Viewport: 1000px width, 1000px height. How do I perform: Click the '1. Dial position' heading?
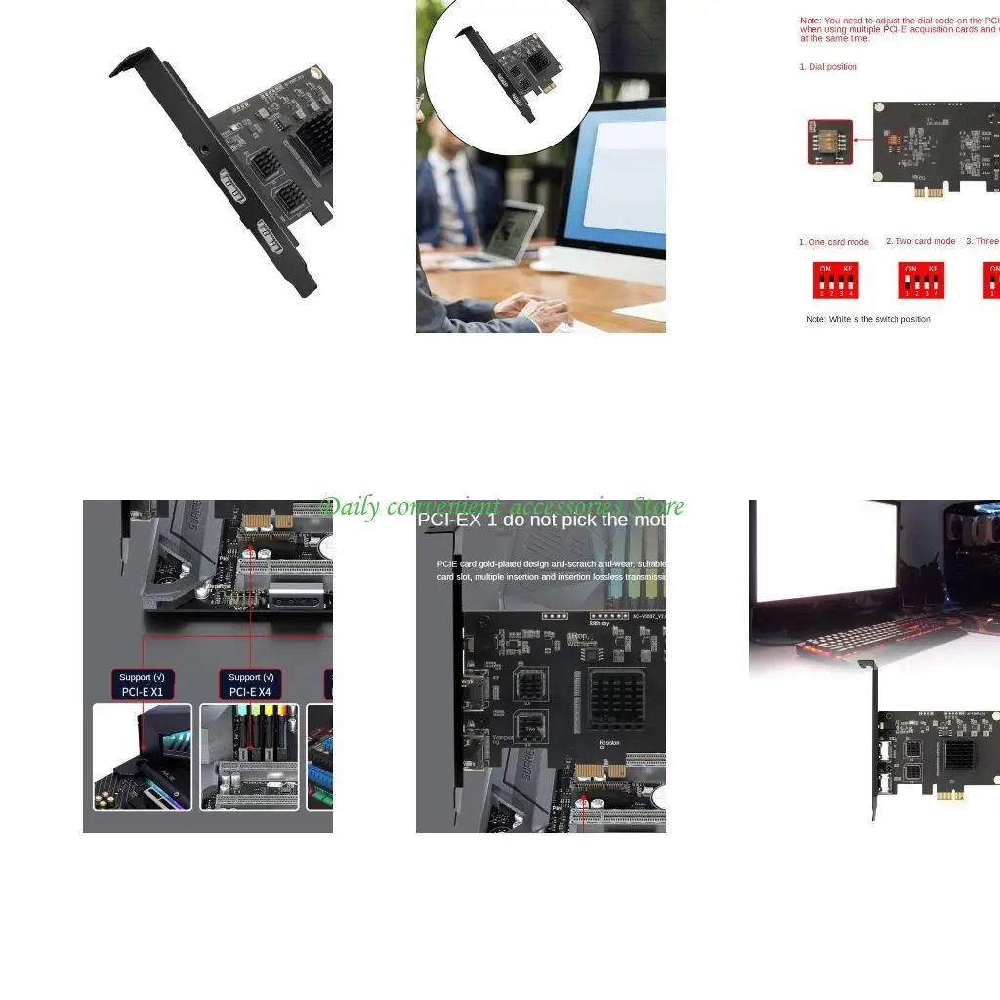pyautogui.click(x=828, y=67)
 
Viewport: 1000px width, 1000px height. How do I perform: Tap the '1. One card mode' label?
pyautogui.click(x=834, y=242)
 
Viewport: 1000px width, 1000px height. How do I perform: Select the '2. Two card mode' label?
pyautogui.click(x=921, y=241)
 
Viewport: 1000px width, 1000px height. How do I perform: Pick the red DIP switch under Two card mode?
pyautogui.click(x=922, y=280)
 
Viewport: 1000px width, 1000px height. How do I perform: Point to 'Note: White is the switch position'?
pyautogui.click(x=868, y=319)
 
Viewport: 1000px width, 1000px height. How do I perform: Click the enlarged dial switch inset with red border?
pyautogui.click(x=830, y=143)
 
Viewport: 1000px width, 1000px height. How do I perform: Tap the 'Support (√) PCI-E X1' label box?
pyautogui.click(x=142, y=684)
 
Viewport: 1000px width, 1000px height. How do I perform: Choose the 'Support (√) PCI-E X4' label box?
pyautogui.click(x=251, y=684)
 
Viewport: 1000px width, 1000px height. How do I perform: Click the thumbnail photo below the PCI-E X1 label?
pyautogui.click(x=143, y=757)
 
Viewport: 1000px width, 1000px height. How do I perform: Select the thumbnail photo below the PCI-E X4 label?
pyautogui.click(x=251, y=757)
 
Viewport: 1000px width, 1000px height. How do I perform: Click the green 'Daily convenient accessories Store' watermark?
pyautogui.click(x=502, y=506)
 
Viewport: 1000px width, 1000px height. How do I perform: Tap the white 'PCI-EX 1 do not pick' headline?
pyautogui.click(x=541, y=520)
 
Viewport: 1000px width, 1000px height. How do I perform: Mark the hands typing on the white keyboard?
pyautogui.click(x=532, y=311)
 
